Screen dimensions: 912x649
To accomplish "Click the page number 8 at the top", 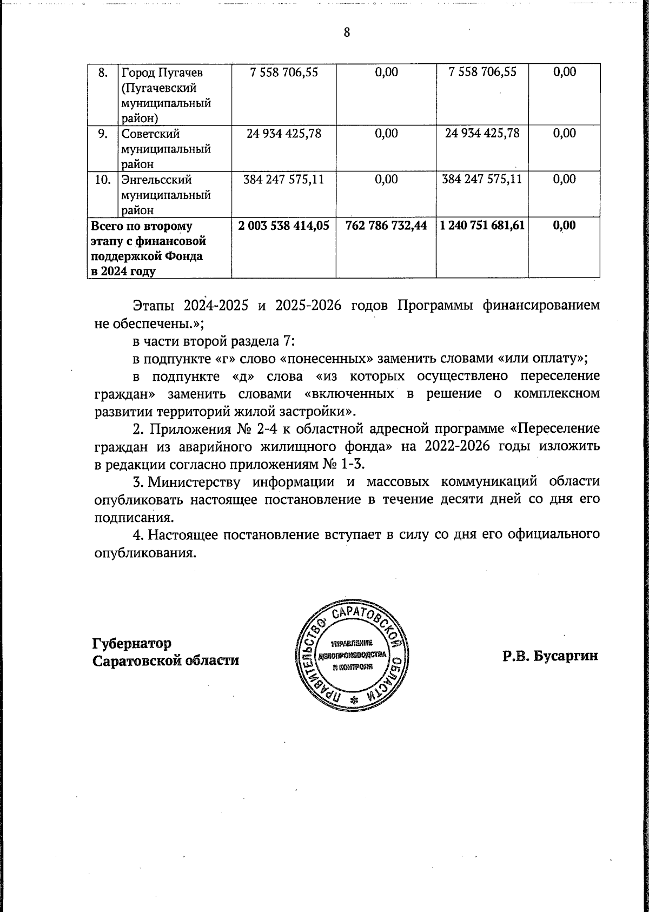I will (347, 32).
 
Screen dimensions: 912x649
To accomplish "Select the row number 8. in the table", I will (102, 72).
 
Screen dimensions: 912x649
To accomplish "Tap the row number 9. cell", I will (102, 134).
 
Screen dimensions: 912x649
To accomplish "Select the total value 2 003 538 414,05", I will (283, 225).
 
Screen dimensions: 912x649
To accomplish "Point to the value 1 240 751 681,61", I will (482, 225).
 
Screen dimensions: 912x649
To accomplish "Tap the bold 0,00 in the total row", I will (564, 225).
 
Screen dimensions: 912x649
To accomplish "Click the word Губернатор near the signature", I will (132, 644).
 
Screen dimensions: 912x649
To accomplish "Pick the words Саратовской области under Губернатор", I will (165, 661).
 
